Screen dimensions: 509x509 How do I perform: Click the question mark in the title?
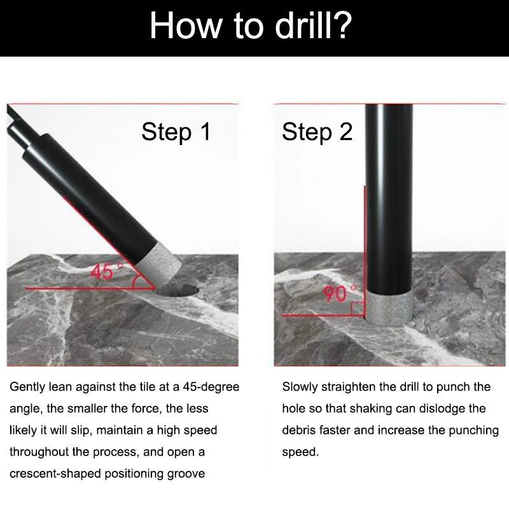click(341, 25)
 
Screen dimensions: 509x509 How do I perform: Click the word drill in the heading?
click(303, 25)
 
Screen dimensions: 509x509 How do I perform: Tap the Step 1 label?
click(176, 132)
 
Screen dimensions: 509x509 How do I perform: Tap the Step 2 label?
click(317, 132)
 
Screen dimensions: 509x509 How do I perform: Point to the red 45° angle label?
click(106, 272)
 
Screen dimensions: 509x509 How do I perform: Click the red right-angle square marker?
click(358, 309)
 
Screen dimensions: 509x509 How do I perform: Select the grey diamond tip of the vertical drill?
click(389, 309)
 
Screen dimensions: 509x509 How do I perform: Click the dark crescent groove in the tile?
click(178, 290)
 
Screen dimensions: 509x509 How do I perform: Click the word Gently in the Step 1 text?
click(27, 387)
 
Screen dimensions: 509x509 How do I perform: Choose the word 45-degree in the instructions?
click(211, 387)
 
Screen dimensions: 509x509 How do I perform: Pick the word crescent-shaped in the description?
click(55, 474)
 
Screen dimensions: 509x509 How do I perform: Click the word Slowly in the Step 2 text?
click(300, 387)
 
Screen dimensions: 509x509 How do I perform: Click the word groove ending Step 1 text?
click(186, 474)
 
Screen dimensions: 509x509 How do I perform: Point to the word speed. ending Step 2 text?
click(300, 452)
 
